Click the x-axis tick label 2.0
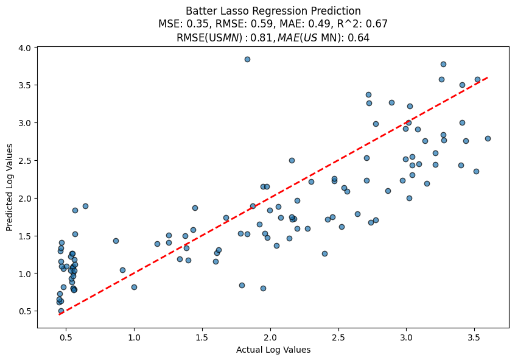pyautogui.click(x=270, y=336)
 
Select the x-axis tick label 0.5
pyautogui.click(x=66, y=336)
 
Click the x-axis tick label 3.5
pyautogui.click(x=474, y=336)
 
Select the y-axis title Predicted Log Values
pyautogui.click(x=10, y=187)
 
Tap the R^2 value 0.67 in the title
pyautogui.click(x=377, y=24)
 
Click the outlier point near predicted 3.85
pyautogui.click(x=247, y=59)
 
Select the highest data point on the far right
pyautogui.click(x=443, y=64)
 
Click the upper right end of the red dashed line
pyautogui.click(x=488, y=77)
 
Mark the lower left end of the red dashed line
pyautogui.click(x=60, y=314)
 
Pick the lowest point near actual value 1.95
pyautogui.click(x=263, y=288)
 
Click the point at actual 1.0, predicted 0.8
pyautogui.click(x=134, y=287)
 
